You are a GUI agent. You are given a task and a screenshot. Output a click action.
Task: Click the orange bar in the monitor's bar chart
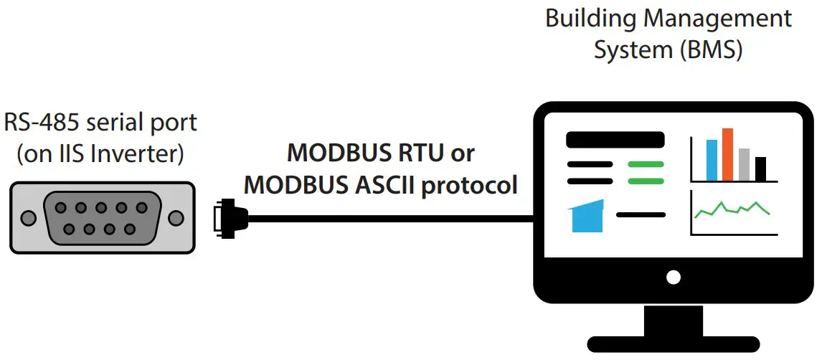(x=727, y=154)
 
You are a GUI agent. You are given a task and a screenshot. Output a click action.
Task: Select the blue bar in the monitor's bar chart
(x=712, y=160)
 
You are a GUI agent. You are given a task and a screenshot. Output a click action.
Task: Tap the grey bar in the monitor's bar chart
(x=744, y=164)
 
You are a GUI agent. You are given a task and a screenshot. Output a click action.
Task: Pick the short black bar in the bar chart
(x=760, y=169)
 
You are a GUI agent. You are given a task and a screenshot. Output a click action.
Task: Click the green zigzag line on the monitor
(x=732, y=209)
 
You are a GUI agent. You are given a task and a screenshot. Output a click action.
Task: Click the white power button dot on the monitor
(x=673, y=277)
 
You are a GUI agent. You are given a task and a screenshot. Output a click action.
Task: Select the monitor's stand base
(x=672, y=344)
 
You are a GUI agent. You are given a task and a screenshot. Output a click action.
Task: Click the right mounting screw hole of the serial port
(x=175, y=217)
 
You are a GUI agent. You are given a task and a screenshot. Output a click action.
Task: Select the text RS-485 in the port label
(x=41, y=122)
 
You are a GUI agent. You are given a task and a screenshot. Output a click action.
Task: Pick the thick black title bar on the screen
(x=615, y=139)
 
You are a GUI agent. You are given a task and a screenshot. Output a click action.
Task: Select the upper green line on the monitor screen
(x=646, y=164)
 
